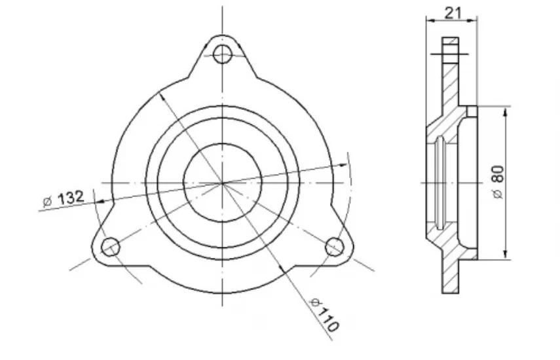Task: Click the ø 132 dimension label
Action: coord(64,198)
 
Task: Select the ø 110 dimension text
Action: coord(324,314)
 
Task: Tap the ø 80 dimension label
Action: coord(498,182)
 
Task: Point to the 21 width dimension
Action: coord(453,13)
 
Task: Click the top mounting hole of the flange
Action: coord(223,54)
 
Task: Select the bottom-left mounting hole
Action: coord(110,247)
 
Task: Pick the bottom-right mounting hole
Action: coord(335,247)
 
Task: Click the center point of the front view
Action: coord(223,183)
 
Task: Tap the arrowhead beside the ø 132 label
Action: coord(100,202)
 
